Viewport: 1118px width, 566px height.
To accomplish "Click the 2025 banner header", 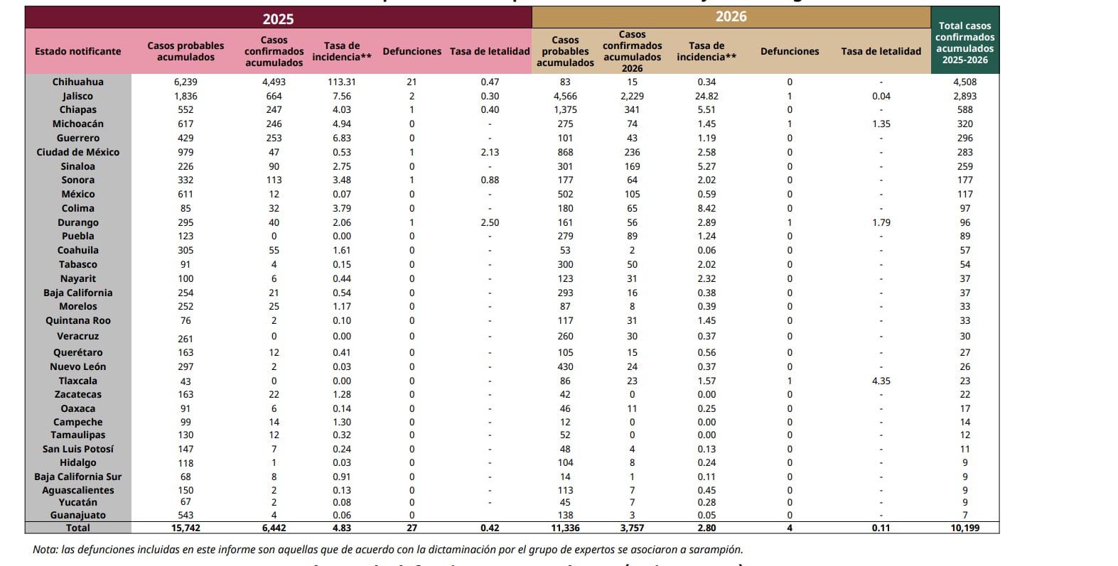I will [278, 18].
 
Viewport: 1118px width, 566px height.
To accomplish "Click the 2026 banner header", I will [731, 16].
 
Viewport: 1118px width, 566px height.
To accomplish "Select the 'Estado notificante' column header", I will [78, 51].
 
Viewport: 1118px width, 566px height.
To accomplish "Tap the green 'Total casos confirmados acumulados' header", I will [964, 43].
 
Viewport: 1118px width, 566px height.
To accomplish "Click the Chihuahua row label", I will [78, 82].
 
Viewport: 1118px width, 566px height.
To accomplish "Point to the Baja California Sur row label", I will [78, 477].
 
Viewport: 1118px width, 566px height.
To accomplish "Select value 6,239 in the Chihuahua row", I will [186, 82].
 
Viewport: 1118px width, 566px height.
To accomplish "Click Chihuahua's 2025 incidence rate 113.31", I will [342, 82].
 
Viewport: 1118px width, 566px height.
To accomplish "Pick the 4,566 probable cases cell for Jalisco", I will [565, 96].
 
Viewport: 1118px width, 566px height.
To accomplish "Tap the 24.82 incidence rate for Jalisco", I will [706, 96].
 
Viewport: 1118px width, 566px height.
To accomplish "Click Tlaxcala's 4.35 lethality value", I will [881, 381].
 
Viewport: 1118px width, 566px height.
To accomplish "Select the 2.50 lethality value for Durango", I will [490, 222].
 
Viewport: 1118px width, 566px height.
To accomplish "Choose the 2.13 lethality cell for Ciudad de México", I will [490, 152].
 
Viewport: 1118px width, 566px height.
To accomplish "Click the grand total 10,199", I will [964, 528].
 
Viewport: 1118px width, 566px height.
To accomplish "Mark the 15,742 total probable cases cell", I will [186, 528].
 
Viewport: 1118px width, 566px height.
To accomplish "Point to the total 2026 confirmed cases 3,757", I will [632, 528].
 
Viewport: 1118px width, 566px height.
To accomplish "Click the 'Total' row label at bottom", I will [78, 528].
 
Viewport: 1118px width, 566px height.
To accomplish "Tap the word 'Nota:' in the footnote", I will [45, 550].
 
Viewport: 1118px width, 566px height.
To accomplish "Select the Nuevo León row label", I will [78, 366].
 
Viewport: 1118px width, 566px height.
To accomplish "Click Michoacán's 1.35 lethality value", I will [881, 124].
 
